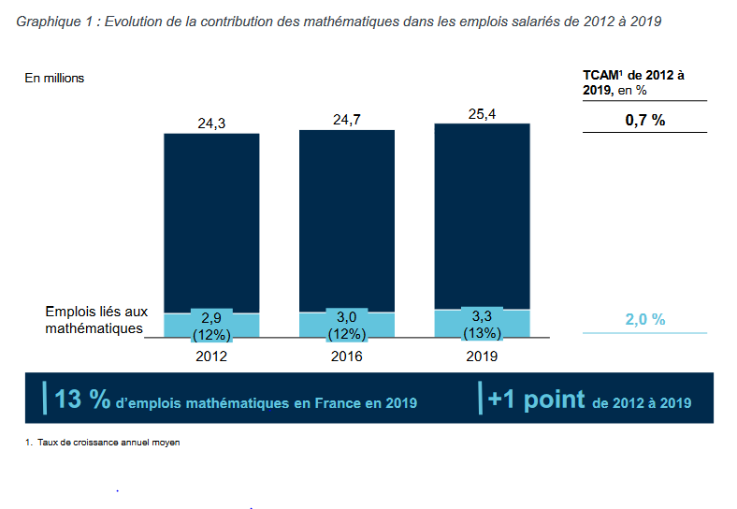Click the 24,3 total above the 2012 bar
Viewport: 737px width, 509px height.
[211, 123]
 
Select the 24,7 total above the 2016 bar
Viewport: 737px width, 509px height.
[347, 119]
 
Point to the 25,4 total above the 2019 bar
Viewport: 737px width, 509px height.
[482, 113]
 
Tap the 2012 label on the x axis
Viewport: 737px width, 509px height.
[211, 356]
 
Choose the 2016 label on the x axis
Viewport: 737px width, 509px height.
[347, 356]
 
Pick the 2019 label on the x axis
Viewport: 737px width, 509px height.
[482, 356]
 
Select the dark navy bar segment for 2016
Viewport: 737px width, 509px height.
[347, 220]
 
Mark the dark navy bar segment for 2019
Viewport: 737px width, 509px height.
[482, 215]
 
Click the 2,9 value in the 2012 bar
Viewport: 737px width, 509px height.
[211, 318]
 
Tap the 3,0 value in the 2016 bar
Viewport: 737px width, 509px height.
[347, 317]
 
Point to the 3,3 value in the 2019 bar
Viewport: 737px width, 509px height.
[482, 316]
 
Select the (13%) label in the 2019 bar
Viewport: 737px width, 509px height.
[482, 332]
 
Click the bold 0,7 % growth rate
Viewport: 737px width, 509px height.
[645, 120]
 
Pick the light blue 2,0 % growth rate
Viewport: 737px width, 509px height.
[645, 320]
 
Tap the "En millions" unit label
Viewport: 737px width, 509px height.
[54, 78]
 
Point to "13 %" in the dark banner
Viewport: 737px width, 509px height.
[82, 400]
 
